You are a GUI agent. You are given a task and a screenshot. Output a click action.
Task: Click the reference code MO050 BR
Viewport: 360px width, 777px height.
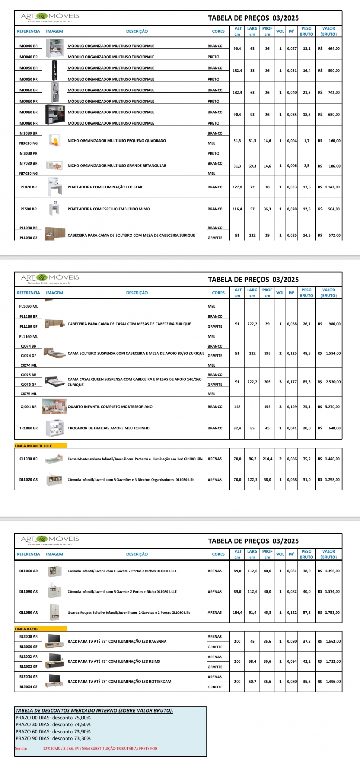coord(28,68)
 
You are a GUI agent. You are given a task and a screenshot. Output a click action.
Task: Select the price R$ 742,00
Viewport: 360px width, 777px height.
coord(329,93)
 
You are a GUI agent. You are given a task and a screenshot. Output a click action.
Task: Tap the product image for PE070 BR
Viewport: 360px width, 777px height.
coord(55,187)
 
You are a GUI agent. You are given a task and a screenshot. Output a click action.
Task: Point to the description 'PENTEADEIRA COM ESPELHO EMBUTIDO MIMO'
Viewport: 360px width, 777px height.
coord(109,209)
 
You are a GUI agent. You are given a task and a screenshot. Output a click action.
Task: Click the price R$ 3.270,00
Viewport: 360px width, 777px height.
coord(329,407)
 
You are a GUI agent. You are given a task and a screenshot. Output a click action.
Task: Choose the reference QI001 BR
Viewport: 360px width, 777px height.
coord(28,407)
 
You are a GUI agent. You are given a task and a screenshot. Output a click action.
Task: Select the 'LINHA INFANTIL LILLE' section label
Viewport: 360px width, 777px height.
coord(34,446)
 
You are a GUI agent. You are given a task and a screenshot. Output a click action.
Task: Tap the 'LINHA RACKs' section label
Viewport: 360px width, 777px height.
coord(27,629)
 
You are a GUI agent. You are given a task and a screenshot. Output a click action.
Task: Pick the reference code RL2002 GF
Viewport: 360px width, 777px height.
coord(28,667)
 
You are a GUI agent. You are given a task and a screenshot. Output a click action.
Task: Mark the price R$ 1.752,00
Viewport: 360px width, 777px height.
coord(329,612)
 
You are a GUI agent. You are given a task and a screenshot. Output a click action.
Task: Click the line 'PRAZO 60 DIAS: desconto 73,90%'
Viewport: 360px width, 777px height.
coord(53,732)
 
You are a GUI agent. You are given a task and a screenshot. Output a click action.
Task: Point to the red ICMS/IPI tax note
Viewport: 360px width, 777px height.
coord(100,749)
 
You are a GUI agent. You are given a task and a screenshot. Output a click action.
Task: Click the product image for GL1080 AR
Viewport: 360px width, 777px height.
coord(55,612)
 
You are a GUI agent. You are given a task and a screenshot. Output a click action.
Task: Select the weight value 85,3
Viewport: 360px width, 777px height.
coord(307,382)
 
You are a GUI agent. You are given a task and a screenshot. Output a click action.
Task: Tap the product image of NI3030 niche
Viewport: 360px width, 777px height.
coord(55,141)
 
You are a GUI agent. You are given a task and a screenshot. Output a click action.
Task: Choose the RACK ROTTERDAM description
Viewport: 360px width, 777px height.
coord(120,682)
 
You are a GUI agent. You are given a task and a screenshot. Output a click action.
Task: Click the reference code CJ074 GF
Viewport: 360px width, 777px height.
coord(28,356)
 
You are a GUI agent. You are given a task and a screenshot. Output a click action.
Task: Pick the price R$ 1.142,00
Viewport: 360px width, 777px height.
coord(329,187)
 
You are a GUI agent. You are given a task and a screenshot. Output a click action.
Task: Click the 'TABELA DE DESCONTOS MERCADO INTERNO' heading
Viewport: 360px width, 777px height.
coord(94,711)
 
